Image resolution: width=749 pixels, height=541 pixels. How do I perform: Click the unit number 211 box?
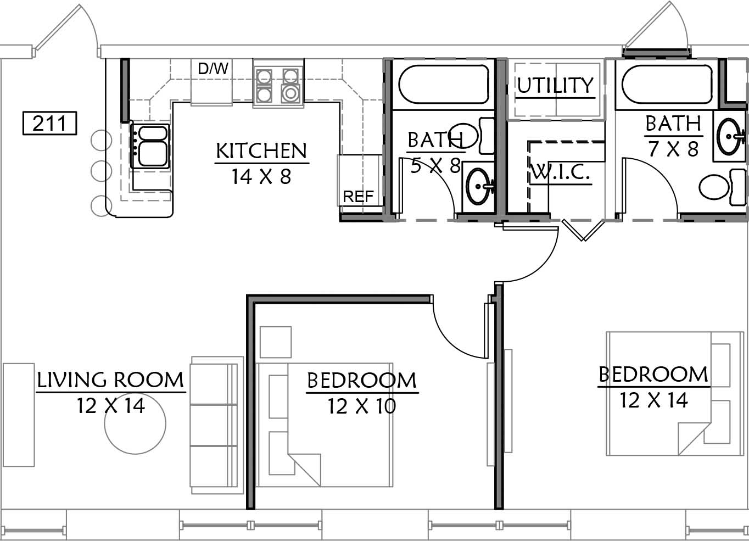tap(49, 123)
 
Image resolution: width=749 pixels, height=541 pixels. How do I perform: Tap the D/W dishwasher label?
tap(213, 69)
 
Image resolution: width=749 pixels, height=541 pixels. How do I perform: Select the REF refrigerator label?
tap(358, 197)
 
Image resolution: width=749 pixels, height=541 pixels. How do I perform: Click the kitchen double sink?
tap(150, 146)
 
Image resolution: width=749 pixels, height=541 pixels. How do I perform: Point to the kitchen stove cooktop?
tap(278, 86)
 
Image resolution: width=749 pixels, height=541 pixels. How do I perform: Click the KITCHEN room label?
tap(261, 151)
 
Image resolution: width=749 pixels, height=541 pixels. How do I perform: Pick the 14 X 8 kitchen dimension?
tap(261, 176)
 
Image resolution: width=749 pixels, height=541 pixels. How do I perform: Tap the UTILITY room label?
tap(555, 85)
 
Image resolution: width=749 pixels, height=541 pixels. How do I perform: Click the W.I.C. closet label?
tap(560, 172)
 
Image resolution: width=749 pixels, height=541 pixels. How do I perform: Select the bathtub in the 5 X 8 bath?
tap(444, 84)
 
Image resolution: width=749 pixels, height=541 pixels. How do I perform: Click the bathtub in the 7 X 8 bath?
tap(667, 84)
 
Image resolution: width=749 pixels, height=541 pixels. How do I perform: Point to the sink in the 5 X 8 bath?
tap(478, 186)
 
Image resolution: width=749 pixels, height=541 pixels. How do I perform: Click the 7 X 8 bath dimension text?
tap(673, 149)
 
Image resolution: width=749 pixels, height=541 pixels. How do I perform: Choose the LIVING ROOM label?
tap(110, 380)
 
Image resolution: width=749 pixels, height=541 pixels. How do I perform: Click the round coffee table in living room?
tap(135, 423)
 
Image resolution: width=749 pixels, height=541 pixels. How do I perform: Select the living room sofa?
tap(217, 425)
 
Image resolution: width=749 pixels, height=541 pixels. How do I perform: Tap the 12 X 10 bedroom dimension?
tap(362, 406)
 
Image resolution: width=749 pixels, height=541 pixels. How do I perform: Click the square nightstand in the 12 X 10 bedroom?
tap(276, 342)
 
